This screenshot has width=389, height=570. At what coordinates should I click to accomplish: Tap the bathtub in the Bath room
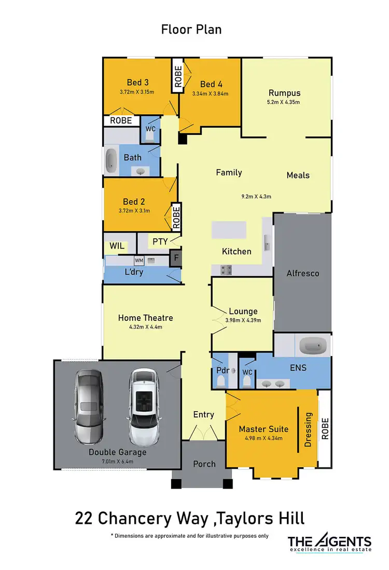click(112, 161)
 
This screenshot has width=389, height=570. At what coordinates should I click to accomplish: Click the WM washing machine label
click(139, 260)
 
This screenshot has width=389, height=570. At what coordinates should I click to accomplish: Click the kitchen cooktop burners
click(227, 269)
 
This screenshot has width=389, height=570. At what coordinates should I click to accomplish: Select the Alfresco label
click(302, 273)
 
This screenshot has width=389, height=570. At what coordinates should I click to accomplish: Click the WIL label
click(117, 246)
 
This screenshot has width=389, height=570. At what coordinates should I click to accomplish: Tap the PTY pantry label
click(159, 241)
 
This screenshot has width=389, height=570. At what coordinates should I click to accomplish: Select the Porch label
click(204, 464)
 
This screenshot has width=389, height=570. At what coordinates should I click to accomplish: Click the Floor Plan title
click(191, 30)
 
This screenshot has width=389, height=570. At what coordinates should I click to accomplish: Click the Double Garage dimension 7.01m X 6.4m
click(117, 461)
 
